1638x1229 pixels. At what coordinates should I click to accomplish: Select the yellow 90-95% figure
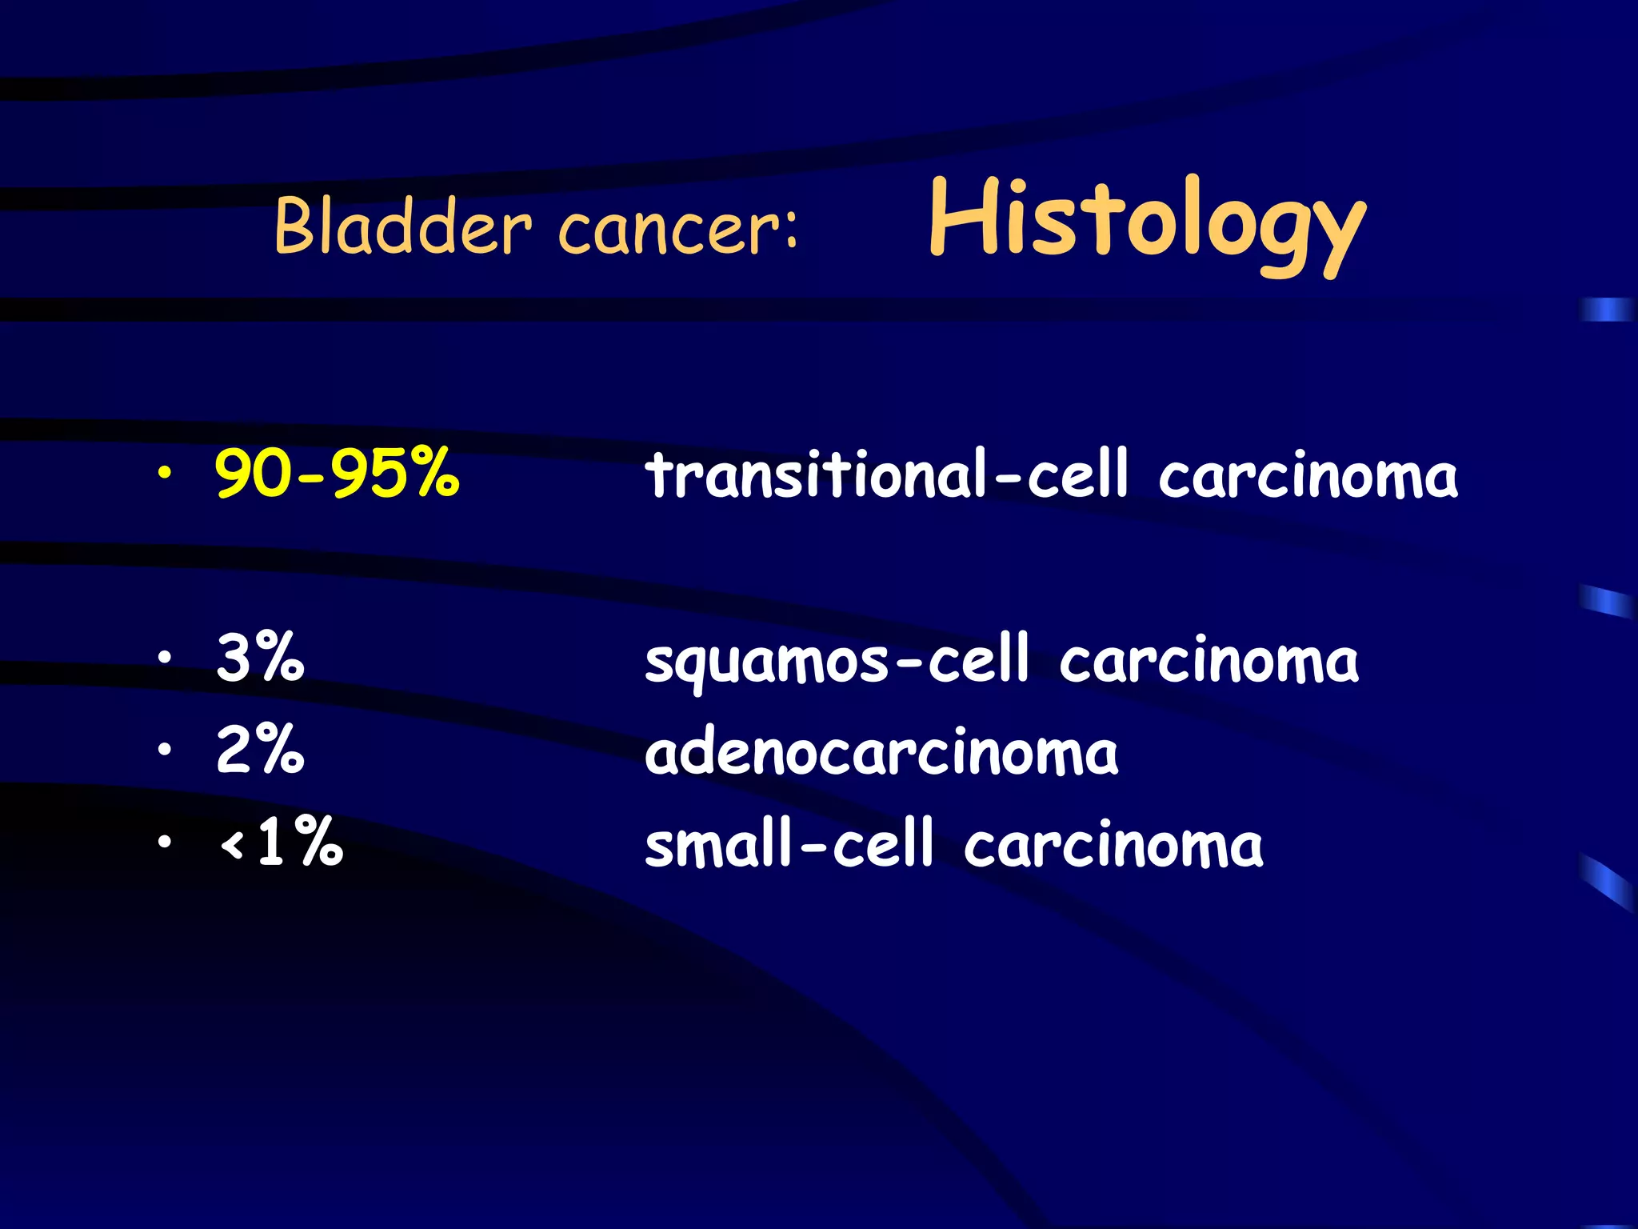(337, 473)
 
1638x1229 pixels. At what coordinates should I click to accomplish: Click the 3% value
(260, 658)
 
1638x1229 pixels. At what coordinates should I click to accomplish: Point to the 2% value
(260, 750)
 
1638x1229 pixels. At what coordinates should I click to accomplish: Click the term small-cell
(789, 844)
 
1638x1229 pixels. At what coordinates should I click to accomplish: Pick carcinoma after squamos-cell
(1209, 663)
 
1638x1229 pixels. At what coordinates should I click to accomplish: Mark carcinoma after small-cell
(1113, 846)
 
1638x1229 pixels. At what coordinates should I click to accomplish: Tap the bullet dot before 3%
(164, 658)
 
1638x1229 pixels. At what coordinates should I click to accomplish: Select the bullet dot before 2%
(164, 750)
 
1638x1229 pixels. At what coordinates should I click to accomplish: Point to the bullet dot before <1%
(164, 842)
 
